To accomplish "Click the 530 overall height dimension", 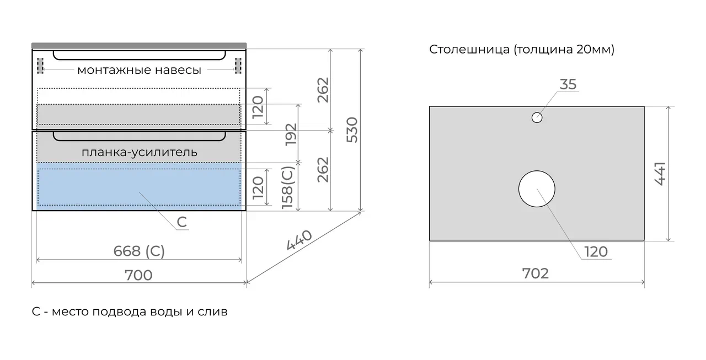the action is tap(352, 130).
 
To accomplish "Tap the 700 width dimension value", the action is tap(138, 275).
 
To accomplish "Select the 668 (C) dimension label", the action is tap(139, 251).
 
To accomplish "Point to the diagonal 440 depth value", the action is tap(299, 240).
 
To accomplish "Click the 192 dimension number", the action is tap(291, 135).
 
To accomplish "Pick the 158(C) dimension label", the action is tap(288, 187).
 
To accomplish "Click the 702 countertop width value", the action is tap(536, 273).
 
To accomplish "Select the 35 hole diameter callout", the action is tap(568, 84).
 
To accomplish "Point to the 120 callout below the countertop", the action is tap(596, 252).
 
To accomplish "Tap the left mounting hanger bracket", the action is tap(40, 66).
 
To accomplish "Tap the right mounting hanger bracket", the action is tap(238, 66).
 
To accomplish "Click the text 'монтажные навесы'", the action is tap(140, 70).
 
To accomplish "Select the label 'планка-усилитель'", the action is tap(140, 153).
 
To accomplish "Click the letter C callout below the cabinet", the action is tap(182, 222).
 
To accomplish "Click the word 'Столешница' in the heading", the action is tap(469, 50).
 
